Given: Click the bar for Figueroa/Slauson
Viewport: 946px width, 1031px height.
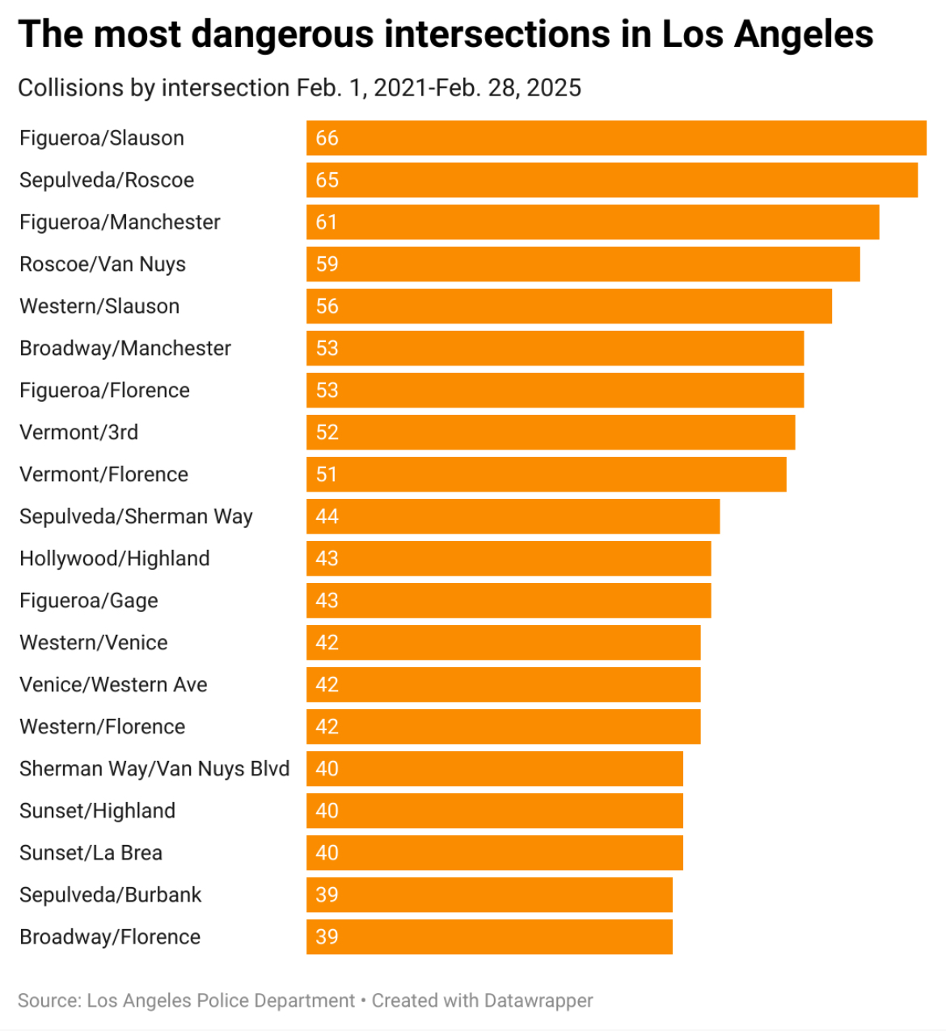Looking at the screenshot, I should [616, 137].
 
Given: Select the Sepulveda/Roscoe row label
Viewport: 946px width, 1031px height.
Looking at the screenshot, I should [107, 180].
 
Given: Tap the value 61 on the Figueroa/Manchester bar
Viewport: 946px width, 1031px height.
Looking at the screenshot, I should [327, 222].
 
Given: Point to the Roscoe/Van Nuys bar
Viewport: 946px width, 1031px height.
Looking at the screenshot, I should [583, 264].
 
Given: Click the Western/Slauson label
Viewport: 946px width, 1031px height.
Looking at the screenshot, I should [99, 306].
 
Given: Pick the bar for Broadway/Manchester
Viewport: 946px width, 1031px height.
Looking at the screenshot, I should [555, 348].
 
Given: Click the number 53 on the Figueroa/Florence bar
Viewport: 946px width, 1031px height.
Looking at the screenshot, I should [327, 390].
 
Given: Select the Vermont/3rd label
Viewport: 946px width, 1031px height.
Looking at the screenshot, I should [78, 432].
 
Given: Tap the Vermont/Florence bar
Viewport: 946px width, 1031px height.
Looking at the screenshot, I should [546, 474].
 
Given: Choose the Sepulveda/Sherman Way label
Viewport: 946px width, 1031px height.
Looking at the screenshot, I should [136, 516].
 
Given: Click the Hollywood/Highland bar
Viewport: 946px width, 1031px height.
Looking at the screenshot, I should [509, 558].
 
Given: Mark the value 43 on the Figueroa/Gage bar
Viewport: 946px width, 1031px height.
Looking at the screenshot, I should [327, 600].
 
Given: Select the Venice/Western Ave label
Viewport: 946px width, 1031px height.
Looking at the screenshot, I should [113, 684].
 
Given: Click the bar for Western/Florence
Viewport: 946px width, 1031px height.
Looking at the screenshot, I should [503, 726].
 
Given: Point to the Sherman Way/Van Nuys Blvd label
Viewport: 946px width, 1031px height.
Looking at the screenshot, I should [154, 768].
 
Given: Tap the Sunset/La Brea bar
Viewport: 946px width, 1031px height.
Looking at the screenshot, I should [494, 852].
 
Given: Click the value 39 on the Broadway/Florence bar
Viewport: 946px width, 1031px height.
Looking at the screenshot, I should [327, 936].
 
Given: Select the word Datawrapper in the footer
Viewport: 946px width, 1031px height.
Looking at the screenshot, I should [538, 1000].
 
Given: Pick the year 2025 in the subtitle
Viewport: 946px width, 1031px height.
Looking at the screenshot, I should [554, 87].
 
